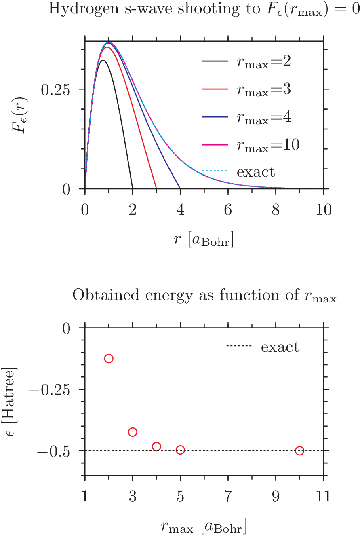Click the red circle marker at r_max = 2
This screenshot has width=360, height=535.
108,358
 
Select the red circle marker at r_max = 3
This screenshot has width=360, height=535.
133,432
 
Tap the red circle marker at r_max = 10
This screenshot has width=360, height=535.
299,450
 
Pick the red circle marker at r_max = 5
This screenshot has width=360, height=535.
180,450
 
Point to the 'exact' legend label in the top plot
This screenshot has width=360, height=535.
256,172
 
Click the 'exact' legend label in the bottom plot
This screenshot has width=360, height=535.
280,347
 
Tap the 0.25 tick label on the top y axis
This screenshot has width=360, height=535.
55,89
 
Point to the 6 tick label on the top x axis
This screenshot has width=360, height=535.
228,210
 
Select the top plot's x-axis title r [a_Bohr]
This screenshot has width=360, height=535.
204,240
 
